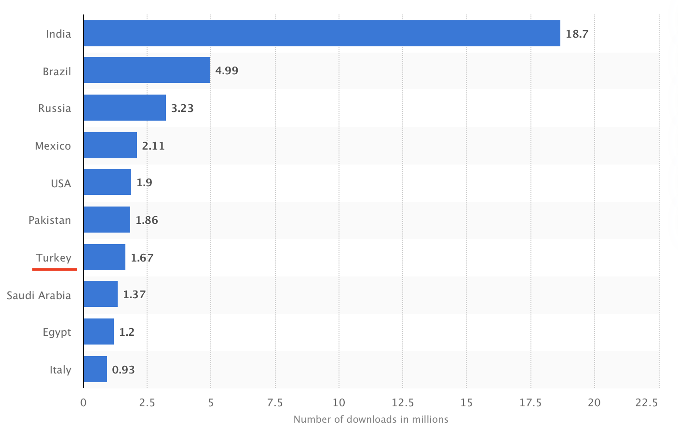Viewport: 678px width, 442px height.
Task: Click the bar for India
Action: (x=322, y=33)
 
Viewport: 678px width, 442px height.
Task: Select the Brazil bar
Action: (x=147, y=70)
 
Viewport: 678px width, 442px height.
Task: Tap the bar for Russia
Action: (x=124, y=108)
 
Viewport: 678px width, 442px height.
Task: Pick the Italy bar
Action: (x=95, y=369)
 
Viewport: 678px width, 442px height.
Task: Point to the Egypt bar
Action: (x=98, y=331)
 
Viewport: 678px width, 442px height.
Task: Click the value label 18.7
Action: (x=577, y=34)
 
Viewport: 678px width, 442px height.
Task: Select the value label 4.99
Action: (x=227, y=70)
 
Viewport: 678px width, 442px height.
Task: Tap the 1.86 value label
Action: (x=147, y=220)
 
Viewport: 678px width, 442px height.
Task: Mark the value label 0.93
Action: (x=123, y=370)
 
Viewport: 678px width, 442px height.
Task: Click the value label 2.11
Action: (x=153, y=146)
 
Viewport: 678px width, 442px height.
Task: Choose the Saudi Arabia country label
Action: (x=39, y=295)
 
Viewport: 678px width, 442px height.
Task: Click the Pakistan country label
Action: (x=50, y=220)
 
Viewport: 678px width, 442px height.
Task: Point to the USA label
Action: (x=61, y=183)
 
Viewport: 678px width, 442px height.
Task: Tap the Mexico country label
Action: (x=53, y=146)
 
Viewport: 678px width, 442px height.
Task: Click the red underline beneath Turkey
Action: (x=54, y=269)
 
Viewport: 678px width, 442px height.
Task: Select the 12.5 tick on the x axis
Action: (x=403, y=402)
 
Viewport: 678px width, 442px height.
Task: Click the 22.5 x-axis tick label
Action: (x=646, y=402)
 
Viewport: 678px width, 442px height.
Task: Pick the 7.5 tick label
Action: (x=275, y=402)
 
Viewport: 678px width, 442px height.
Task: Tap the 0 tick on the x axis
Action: (x=83, y=402)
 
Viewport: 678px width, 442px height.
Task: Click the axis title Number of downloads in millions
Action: (x=371, y=419)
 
